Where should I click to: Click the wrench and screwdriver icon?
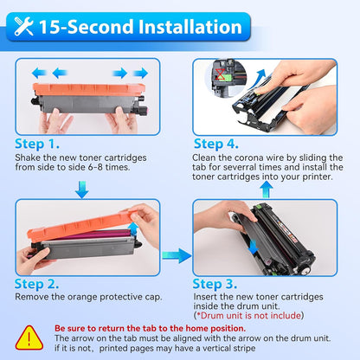[23, 26]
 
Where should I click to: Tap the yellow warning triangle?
[29, 337]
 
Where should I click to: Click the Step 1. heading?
[37, 144]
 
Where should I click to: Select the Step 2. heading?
[36, 284]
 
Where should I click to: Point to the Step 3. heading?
[215, 284]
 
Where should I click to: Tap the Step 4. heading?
[216, 144]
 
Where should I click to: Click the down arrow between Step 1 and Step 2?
[82, 190]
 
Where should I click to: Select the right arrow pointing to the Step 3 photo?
[177, 255]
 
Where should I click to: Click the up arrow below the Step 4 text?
[267, 190]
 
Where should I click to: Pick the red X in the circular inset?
[221, 74]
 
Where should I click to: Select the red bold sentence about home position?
[151, 328]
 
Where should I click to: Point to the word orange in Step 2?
[82, 297]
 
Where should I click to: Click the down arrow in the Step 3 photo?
[254, 247]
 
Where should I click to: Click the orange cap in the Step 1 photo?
[89, 89]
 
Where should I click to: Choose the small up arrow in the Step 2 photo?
[133, 228]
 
